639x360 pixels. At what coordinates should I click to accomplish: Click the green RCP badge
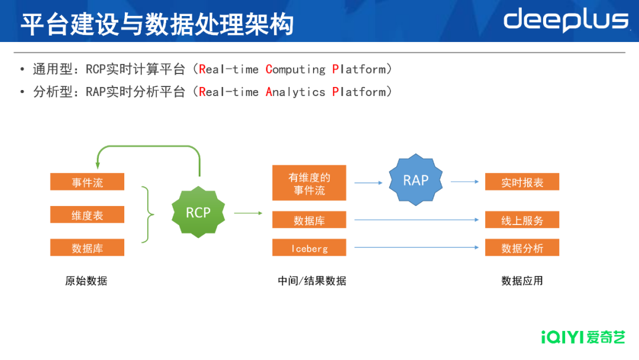(198, 212)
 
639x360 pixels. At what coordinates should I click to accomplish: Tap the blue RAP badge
(415, 180)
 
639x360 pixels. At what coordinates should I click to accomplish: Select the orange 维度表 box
(88, 215)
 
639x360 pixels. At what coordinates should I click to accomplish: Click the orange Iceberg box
(309, 247)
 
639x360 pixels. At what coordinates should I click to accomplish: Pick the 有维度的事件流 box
(309, 183)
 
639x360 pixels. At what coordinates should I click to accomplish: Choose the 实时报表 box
(522, 182)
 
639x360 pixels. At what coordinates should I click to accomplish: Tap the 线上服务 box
(522, 220)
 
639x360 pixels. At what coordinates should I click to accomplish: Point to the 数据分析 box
(522, 247)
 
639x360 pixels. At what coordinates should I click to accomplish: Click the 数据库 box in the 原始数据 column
(88, 247)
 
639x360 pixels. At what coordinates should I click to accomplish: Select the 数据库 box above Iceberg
(309, 220)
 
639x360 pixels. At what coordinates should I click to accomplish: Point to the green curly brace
(147, 215)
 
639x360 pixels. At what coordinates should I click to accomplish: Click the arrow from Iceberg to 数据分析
(417, 247)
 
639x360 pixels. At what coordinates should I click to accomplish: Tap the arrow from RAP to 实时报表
(464, 182)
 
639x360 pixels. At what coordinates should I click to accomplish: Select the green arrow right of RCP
(248, 213)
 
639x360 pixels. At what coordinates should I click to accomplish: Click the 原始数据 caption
(86, 281)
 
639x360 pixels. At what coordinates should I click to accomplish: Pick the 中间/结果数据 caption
(312, 281)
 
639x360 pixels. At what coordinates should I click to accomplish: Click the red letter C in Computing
(269, 69)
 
